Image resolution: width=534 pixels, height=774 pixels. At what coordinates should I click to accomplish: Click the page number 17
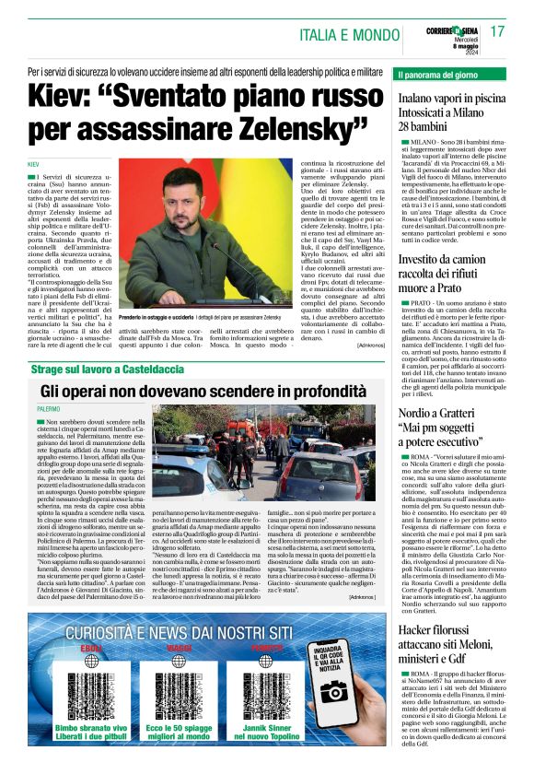coord(498,30)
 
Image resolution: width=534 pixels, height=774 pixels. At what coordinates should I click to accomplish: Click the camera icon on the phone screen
coord(333,692)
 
